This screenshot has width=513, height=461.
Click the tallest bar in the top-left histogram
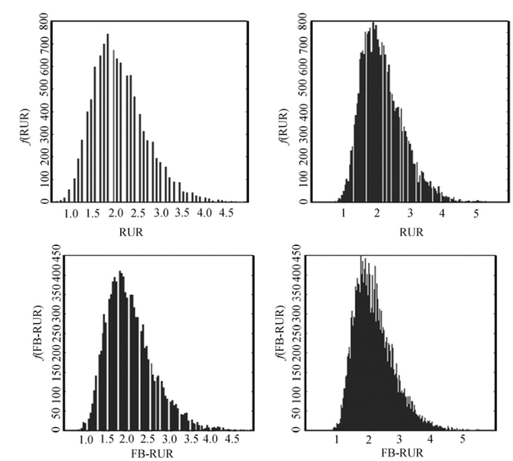click(108, 118)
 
